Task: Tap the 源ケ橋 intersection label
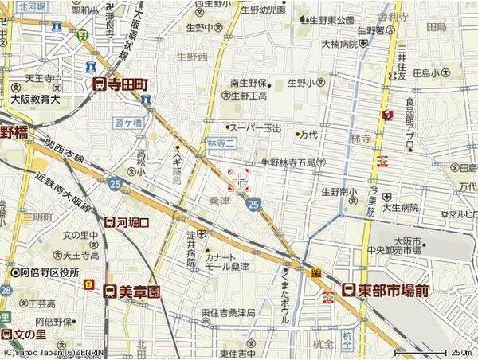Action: click(x=127, y=123)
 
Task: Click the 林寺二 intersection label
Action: click(x=221, y=143)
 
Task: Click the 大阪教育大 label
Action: click(x=36, y=100)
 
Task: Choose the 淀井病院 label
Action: click(x=191, y=241)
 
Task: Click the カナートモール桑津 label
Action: click(x=231, y=263)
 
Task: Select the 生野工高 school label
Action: click(x=249, y=96)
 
